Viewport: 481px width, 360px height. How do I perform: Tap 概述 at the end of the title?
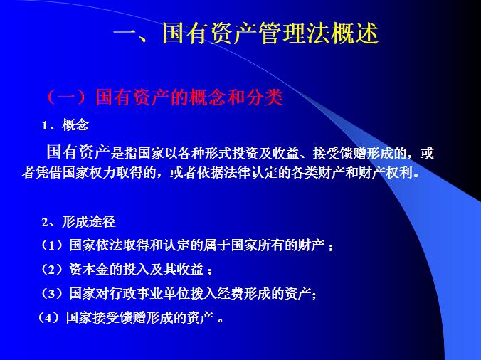pos(354,34)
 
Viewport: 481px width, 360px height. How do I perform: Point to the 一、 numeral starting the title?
pos(134,34)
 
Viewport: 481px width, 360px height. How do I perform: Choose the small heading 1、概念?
pos(65,125)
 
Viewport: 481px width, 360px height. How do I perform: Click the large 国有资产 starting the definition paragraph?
pos(76,152)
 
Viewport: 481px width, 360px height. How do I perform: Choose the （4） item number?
pos(50,317)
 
